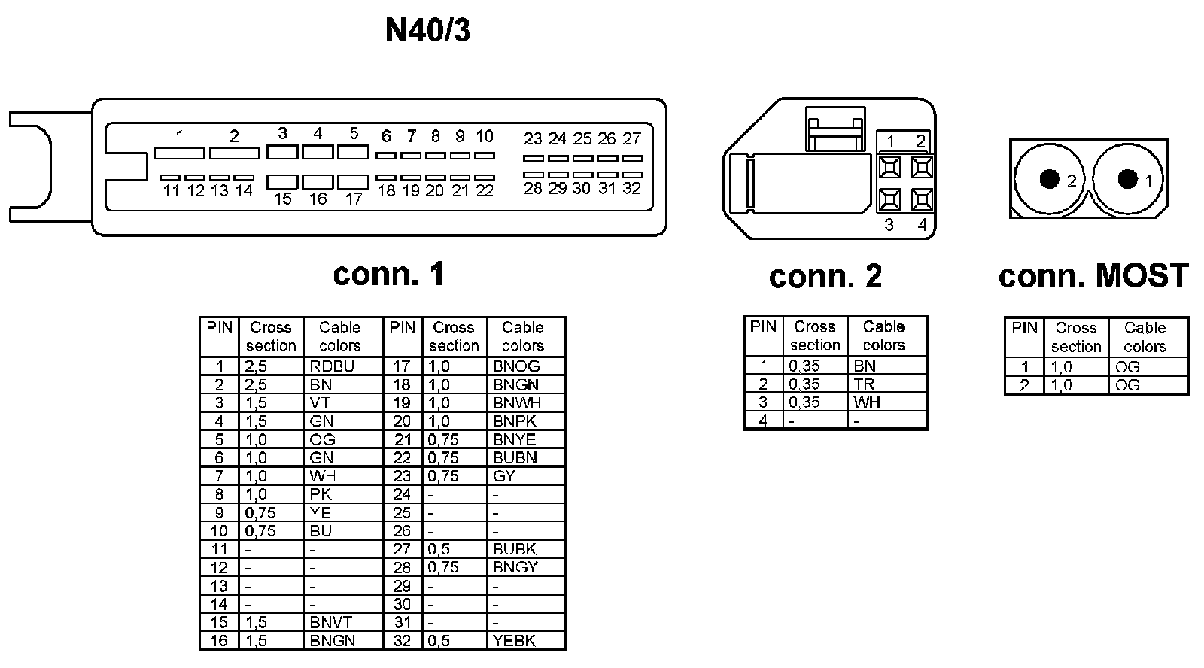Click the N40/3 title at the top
427,32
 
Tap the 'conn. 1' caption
388,275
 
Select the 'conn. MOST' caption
1093,276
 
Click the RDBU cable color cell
332,366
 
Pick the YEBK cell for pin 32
514,641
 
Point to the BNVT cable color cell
330,623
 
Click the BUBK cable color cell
515,549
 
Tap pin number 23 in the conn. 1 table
402,476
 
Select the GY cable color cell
503,476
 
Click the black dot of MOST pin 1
1127,178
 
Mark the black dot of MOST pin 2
1049,179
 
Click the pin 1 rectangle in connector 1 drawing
179,153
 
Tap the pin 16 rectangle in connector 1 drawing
318,181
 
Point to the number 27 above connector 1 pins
631,138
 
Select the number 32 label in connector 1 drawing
631,188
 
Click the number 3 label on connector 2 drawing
889,225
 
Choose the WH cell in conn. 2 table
866,402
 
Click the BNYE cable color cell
515,439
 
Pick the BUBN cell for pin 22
515,457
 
